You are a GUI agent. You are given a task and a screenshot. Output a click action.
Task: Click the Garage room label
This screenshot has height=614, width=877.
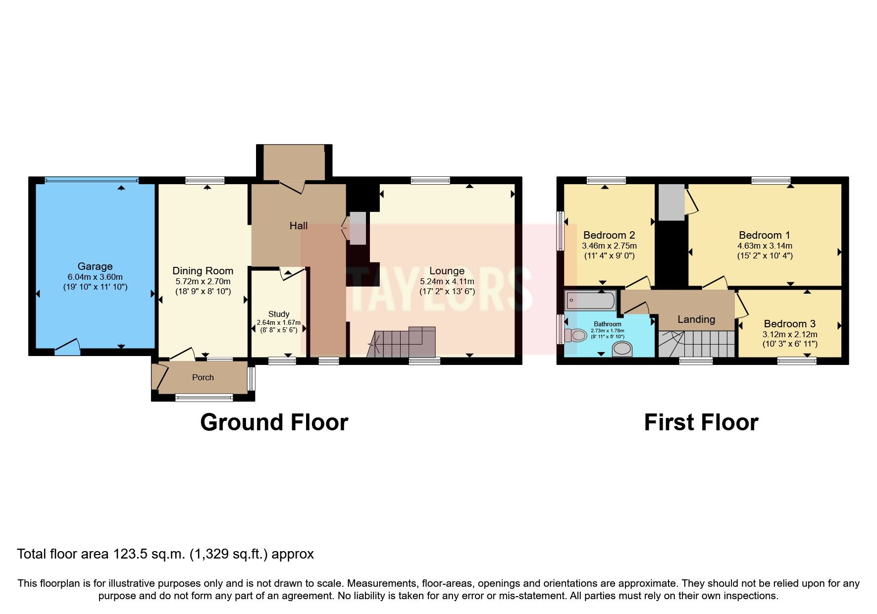point(95,266)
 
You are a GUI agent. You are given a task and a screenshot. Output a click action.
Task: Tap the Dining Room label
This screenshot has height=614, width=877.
point(203,271)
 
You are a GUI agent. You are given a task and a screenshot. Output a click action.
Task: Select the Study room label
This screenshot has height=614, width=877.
point(279,314)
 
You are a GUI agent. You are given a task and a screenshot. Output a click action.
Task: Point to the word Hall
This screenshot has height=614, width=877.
point(299,226)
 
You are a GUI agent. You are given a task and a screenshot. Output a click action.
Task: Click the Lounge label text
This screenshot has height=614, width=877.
point(447,271)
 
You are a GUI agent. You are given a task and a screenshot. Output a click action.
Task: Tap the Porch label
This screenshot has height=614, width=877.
point(203,377)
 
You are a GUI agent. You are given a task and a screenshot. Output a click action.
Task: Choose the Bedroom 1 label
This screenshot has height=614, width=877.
point(765,235)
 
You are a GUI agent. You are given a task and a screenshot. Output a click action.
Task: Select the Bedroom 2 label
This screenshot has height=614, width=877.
point(609,235)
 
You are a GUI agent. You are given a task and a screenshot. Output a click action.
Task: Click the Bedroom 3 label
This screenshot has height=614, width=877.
point(789,324)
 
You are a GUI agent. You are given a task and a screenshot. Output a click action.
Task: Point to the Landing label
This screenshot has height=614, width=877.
point(696,319)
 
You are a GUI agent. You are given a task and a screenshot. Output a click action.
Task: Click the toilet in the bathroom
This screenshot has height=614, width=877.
point(575,335)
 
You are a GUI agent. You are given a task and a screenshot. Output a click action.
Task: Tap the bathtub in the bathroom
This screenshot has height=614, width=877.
point(590,300)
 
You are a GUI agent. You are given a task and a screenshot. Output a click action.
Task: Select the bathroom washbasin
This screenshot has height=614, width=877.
point(622,350)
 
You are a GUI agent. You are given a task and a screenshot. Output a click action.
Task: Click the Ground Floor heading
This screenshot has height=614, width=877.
point(274,422)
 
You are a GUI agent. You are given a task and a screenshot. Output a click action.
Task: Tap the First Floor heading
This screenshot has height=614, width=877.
point(701,422)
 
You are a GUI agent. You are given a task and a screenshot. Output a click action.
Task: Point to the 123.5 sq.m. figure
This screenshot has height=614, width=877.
point(150,554)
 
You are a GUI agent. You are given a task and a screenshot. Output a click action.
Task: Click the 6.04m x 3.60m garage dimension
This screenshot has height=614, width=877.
point(95,277)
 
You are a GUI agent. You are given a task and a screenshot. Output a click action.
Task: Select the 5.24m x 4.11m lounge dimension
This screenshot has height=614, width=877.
point(447,281)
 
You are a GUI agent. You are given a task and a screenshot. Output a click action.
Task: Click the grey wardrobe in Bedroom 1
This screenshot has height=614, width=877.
point(671,202)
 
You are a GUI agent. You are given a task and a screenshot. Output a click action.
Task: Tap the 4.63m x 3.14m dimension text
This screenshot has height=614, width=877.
point(765,246)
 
